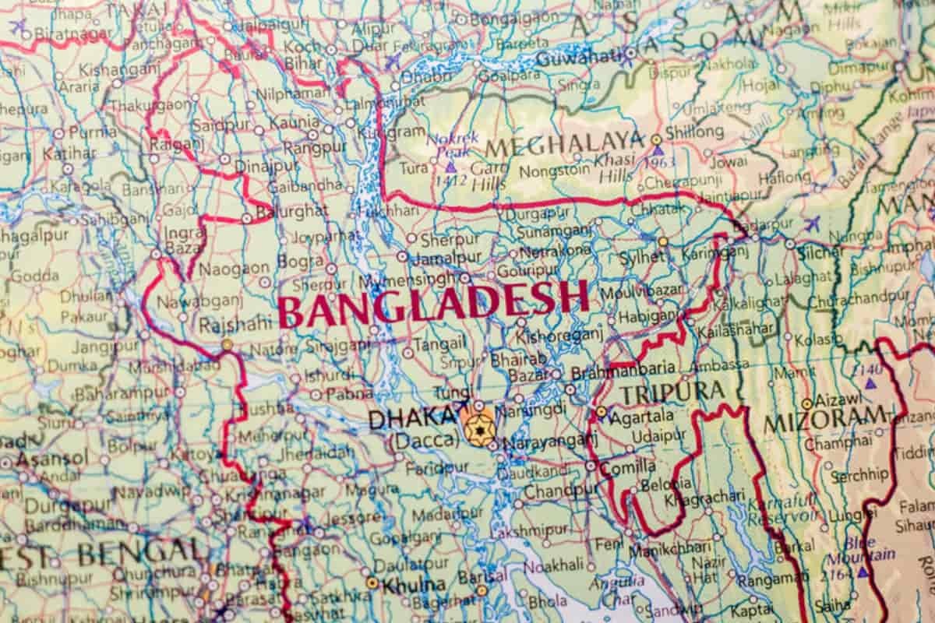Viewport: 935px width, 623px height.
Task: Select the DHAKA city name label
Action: click(x=411, y=420)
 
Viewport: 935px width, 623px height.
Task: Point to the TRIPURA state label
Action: click(x=672, y=392)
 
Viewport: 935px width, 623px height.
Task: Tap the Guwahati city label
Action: click(x=577, y=57)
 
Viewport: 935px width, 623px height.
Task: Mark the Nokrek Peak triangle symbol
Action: click(x=450, y=167)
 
